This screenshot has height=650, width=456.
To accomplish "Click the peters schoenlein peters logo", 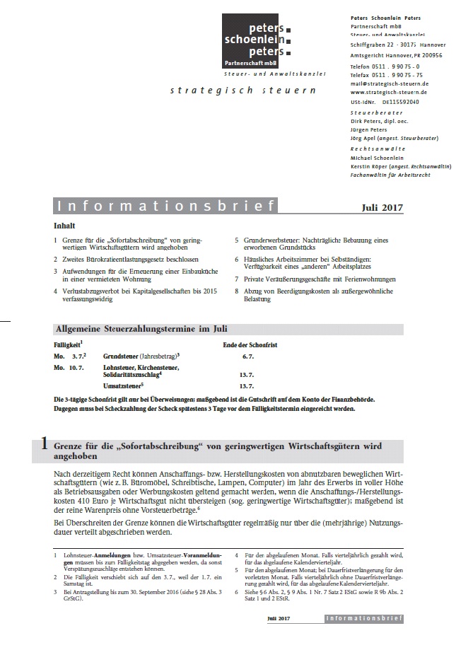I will click(256, 42).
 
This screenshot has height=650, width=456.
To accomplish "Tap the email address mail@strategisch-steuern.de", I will click(390, 83).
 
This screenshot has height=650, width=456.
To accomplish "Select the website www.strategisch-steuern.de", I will click(390, 92).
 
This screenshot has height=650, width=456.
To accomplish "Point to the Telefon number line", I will click(386, 66).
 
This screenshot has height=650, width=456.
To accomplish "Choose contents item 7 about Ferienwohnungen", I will click(317, 279).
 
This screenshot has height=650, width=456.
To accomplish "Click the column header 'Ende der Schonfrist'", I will click(248, 344).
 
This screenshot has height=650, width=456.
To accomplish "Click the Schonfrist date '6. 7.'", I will click(247, 357).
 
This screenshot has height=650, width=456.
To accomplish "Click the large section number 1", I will click(45, 445).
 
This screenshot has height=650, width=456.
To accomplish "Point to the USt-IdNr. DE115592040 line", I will click(385, 100).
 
